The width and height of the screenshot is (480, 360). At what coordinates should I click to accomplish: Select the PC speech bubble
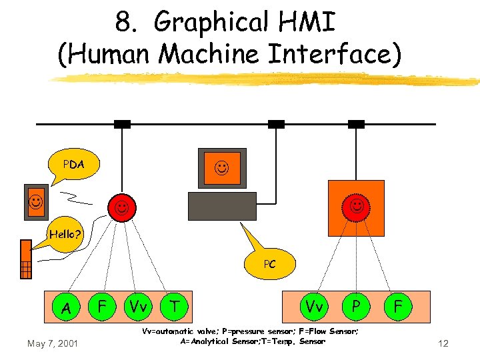point(269,264)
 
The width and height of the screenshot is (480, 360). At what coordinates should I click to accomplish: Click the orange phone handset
point(26,259)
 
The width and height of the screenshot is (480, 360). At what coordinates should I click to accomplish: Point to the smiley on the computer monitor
point(220,167)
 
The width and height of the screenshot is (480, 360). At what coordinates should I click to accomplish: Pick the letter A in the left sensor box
point(66,308)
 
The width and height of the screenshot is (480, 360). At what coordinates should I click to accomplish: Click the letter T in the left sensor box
point(175,306)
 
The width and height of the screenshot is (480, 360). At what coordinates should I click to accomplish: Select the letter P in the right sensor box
point(357,306)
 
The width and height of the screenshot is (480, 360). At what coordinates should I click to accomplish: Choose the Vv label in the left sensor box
point(138,307)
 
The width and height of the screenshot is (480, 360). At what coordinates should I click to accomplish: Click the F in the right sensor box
point(397,307)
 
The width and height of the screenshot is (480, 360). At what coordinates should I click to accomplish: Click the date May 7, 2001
point(53,343)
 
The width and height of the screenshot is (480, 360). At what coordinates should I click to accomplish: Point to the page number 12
point(443,343)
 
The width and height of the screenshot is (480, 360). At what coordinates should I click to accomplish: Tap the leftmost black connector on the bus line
point(122,124)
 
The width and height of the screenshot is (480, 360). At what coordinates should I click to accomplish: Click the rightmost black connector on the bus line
point(356,124)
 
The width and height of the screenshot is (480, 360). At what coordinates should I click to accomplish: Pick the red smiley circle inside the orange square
point(357,207)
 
